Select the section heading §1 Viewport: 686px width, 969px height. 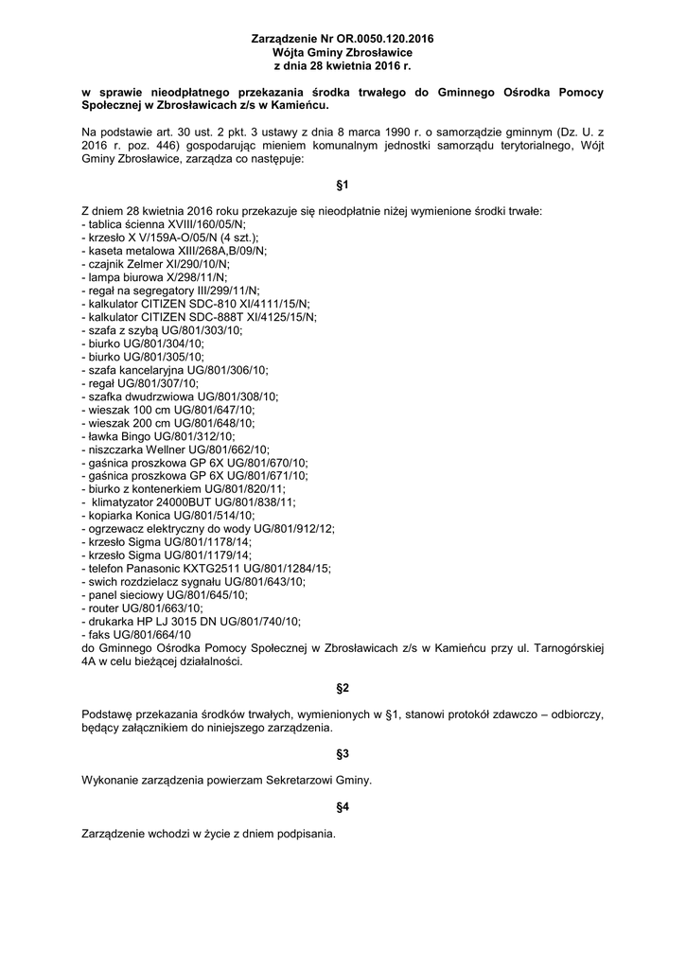[343, 186]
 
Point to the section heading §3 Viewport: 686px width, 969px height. [343, 754]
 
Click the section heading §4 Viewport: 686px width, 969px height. [343, 808]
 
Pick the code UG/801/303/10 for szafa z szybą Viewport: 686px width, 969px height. [202, 330]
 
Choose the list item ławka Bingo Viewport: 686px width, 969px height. [158, 436]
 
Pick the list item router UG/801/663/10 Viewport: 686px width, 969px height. [143, 608]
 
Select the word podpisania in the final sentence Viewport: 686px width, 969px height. [305, 835]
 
